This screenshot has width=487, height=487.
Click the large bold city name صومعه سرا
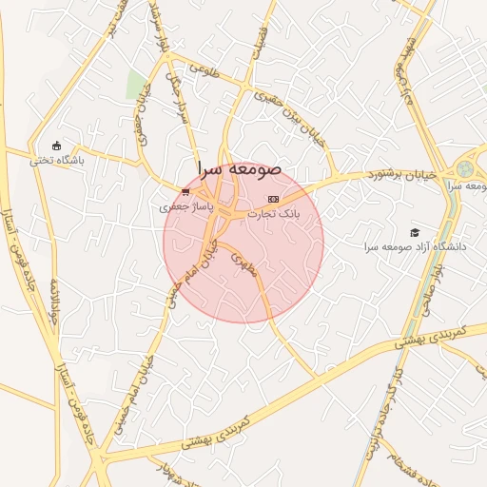click(x=240, y=167)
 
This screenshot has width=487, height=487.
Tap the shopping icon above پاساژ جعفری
click(x=185, y=191)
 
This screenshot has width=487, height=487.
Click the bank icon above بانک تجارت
click(x=274, y=199)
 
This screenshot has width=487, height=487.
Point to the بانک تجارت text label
click(x=274, y=214)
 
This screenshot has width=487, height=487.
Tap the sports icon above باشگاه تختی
click(x=56, y=146)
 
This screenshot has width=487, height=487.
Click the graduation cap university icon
click(x=414, y=232)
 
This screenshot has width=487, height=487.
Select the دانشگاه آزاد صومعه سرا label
click(x=416, y=247)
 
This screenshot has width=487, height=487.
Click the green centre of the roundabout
click(x=464, y=169)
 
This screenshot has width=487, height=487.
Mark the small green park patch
click(x=137, y=84)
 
